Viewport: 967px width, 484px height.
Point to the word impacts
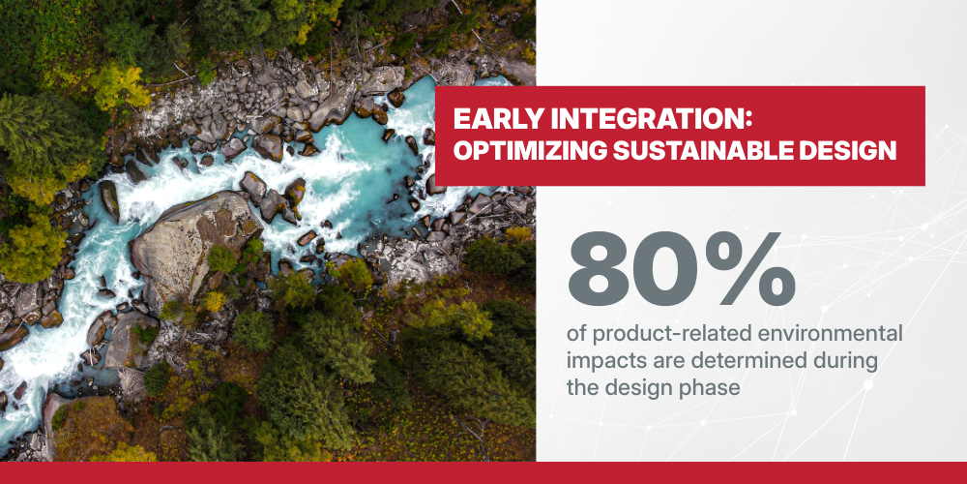click(x=601, y=362)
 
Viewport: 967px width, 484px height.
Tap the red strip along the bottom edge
click(x=483, y=473)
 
